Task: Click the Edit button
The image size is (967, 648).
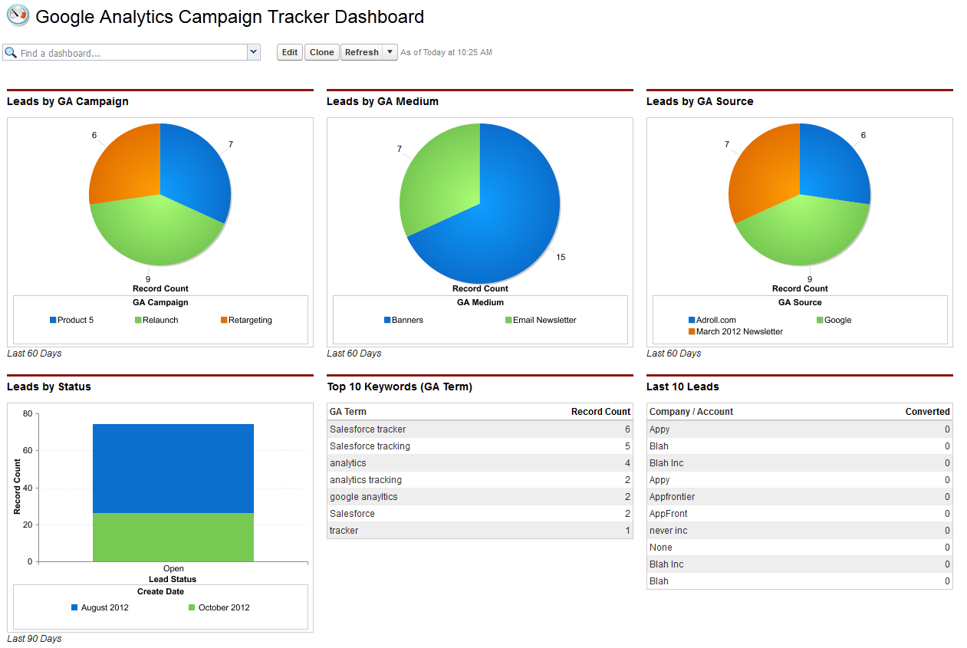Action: click(x=289, y=52)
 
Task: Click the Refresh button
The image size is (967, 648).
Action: click(x=361, y=52)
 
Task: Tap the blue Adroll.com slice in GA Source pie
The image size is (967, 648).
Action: click(x=832, y=165)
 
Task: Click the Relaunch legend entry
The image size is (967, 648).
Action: click(x=160, y=320)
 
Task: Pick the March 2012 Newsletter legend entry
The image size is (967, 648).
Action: click(x=739, y=331)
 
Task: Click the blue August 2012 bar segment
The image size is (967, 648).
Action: click(x=173, y=468)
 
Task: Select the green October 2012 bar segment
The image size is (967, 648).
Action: click(x=173, y=537)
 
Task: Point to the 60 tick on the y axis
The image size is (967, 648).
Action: click(x=28, y=451)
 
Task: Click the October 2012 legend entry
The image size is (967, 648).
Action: click(x=224, y=607)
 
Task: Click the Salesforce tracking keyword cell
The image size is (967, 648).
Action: click(x=370, y=446)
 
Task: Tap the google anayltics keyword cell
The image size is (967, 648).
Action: click(x=363, y=497)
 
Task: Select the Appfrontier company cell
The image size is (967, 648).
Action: click(x=672, y=497)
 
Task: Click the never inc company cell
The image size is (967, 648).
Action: click(x=668, y=531)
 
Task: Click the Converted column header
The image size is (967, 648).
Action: click(x=927, y=412)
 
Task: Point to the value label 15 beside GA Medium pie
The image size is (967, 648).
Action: click(x=561, y=257)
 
